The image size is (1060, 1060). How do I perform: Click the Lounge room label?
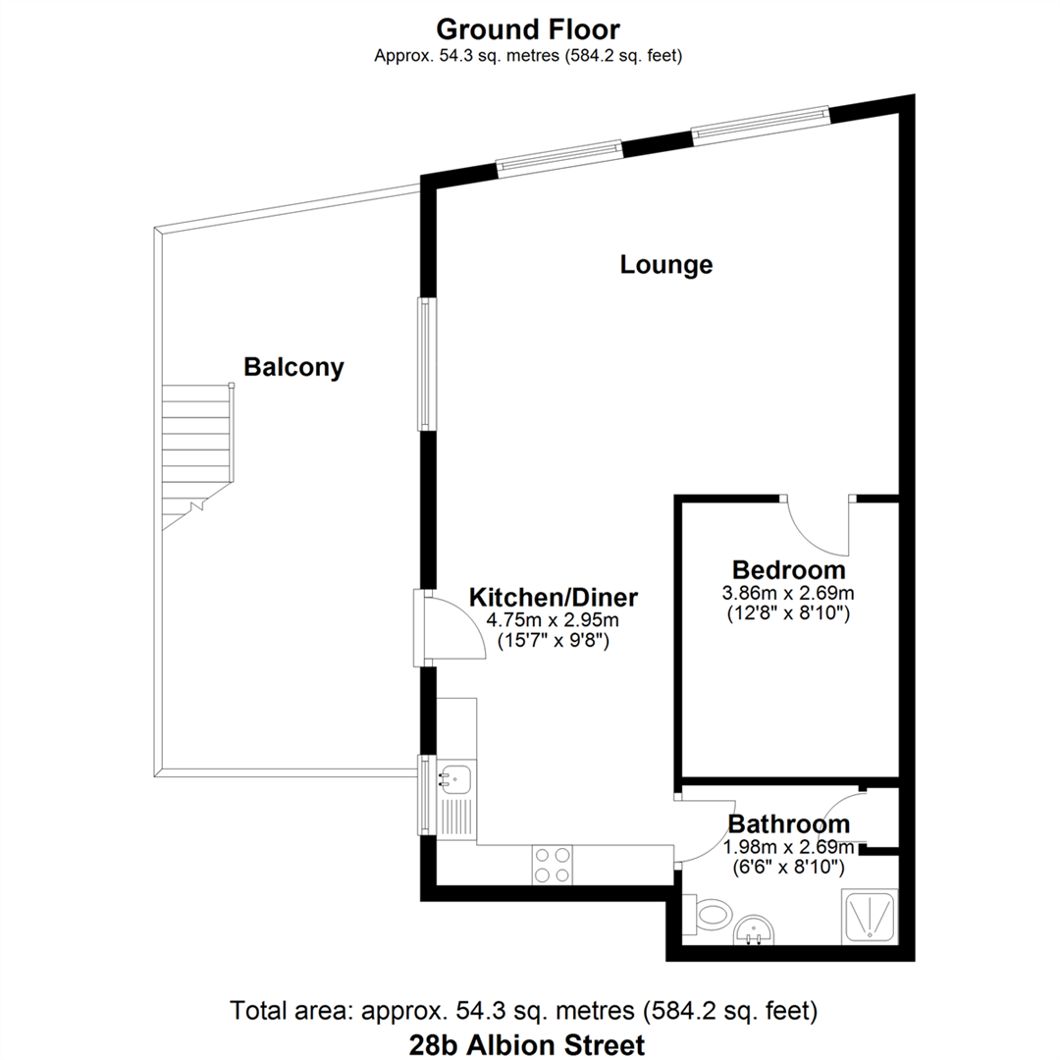click(665, 265)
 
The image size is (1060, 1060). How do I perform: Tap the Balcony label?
click(293, 368)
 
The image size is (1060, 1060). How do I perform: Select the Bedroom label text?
click(788, 570)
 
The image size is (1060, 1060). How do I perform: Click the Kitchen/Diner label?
click(554, 597)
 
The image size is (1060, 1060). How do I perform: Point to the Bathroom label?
click(788, 823)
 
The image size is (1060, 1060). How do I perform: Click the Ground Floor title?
click(528, 27)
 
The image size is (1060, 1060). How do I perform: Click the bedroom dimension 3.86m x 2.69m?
click(788, 594)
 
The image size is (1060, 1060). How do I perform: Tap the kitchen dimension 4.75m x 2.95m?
click(554, 620)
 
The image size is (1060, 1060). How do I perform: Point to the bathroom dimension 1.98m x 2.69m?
click(788, 846)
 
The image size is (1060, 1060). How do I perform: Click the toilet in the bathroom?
click(710, 913)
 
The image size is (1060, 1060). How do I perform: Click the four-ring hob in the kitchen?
click(553, 865)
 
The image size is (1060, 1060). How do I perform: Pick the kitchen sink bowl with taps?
click(456, 778)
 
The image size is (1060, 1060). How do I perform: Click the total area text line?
click(523, 1010)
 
